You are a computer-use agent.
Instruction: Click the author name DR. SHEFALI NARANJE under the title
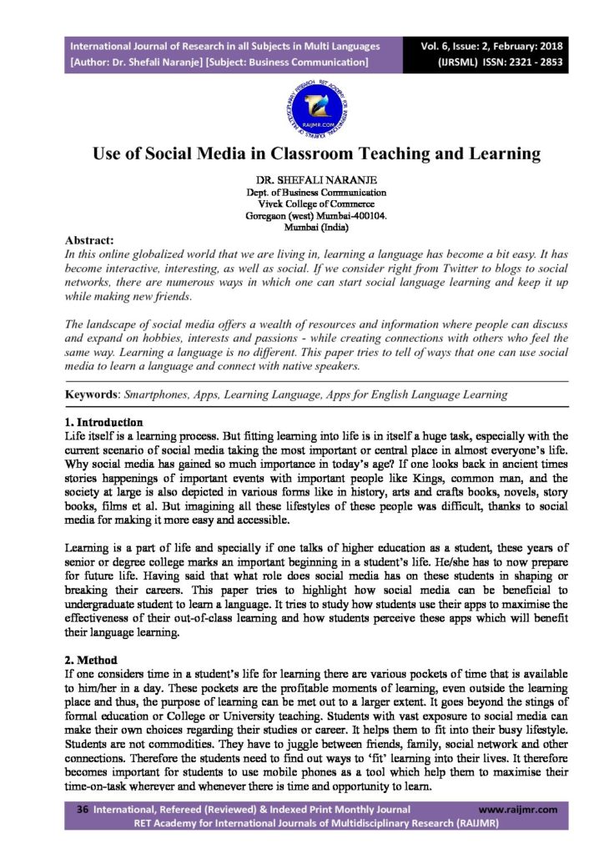pyautogui.click(x=301, y=179)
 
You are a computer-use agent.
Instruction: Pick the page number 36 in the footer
pyautogui.click(x=83, y=809)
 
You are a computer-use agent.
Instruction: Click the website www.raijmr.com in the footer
pyautogui.click(x=518, y=809)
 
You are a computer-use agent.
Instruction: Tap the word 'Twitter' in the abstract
pyautogui.click(x=378, y=270)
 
